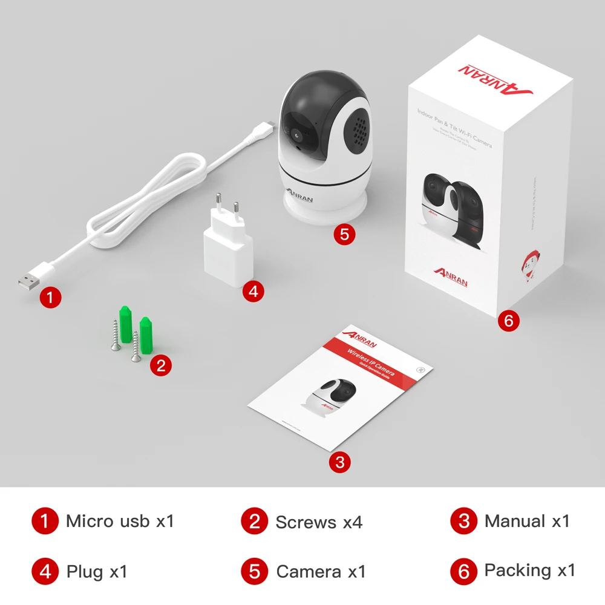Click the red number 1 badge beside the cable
51,297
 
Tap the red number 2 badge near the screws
160,365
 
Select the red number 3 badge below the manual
339,463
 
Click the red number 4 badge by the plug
253,291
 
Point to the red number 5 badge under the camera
344,234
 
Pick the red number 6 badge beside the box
508,321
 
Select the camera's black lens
296,134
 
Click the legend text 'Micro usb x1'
120,521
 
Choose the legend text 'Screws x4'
319,522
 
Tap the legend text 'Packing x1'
529,570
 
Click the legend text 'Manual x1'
527,521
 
